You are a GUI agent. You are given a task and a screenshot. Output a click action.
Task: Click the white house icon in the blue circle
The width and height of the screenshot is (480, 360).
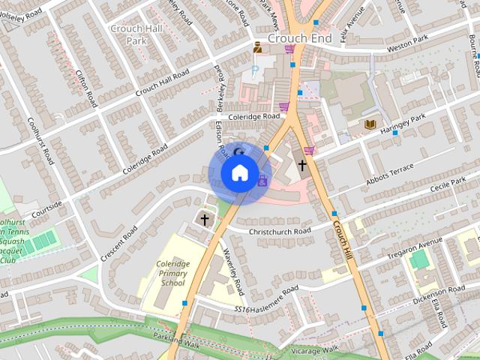pos(238,173)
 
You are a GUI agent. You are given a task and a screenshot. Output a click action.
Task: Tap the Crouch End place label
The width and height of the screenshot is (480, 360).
pos(295,37)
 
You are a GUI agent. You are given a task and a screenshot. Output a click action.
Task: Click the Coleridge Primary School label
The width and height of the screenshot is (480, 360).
pos(172,274)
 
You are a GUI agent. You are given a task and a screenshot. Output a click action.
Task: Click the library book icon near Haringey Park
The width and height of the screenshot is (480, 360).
pos(370,124)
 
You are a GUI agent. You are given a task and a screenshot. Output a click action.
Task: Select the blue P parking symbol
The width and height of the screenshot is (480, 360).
pos(256,70)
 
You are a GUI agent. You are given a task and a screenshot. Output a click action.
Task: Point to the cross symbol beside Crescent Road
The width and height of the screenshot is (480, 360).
pos(205,220)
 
